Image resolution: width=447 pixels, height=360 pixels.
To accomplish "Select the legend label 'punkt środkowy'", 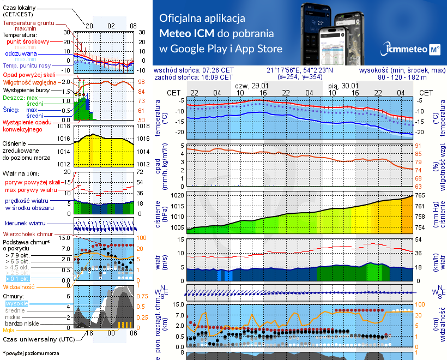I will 28,41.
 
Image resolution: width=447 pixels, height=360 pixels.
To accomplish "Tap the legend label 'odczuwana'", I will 21,54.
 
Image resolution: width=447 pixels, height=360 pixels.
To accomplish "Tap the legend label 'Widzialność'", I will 19,286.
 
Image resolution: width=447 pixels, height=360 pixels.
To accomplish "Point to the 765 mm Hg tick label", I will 421,195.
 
